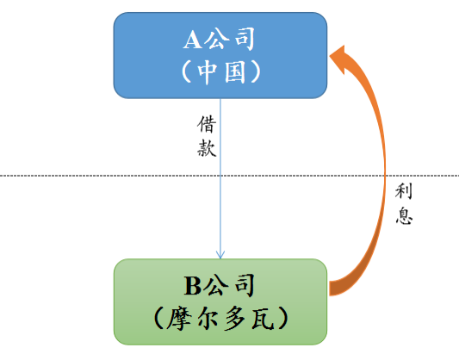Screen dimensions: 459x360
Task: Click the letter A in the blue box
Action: (192, 40)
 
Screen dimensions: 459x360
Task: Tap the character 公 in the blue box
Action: (216, 39)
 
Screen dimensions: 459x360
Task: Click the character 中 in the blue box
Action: (207, 72)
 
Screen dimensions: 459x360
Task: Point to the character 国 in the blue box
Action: (235, 72)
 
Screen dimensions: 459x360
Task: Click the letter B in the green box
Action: (193, 286)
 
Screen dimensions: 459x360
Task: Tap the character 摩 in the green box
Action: (178, 319)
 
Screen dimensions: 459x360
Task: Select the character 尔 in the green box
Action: (208, 319)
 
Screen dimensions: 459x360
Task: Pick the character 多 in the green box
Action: (235, 319)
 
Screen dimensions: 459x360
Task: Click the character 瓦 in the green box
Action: (263, 319)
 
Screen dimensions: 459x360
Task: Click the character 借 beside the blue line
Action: (207, 124)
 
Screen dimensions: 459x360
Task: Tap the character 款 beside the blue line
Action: (207, 148)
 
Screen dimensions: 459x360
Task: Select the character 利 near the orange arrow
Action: (404, 191)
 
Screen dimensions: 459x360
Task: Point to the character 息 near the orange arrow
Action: (404, 215)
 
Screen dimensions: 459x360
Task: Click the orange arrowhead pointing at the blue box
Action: (339, 59)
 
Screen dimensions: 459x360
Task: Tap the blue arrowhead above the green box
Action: (220, 254)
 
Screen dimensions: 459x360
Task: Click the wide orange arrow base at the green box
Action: (334, 289)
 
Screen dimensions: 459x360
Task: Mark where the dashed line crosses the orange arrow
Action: (385, 176)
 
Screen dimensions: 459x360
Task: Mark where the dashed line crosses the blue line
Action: (220, 176)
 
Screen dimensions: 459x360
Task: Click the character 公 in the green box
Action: (216, 285)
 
